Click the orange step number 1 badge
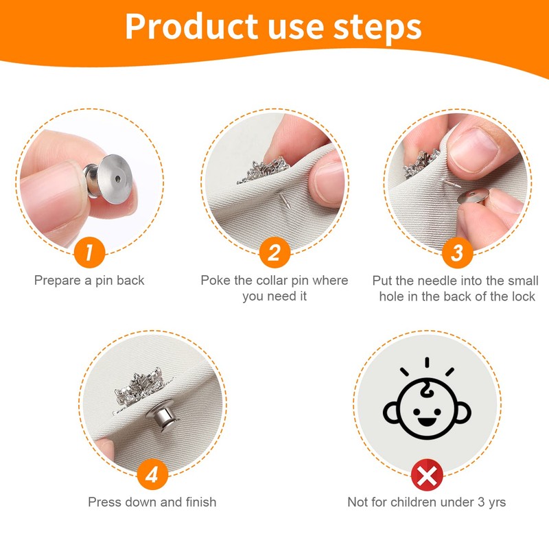[x=90, y=253]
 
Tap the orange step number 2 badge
[x=274, y=253]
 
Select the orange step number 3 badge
[x=457, y=253]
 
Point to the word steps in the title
[x=375, y=26]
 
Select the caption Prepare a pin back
[x=89, y=280]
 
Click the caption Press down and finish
[x=152, y=502]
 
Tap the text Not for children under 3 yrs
[x=426, y=502]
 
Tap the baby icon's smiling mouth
[x=426, y=417]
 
